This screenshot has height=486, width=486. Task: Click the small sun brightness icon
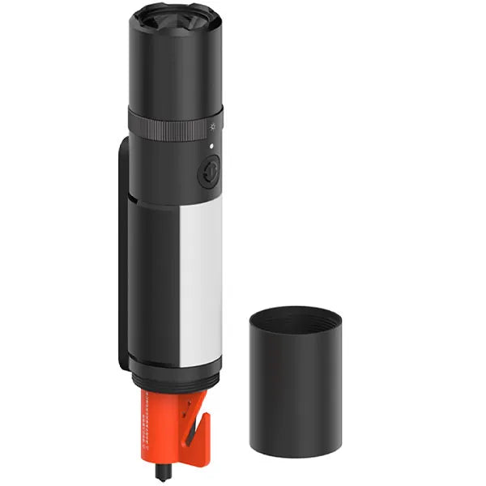[213, 126]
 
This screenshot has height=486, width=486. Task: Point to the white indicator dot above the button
[212, 147]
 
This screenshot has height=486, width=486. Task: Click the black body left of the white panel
[154, 283]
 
